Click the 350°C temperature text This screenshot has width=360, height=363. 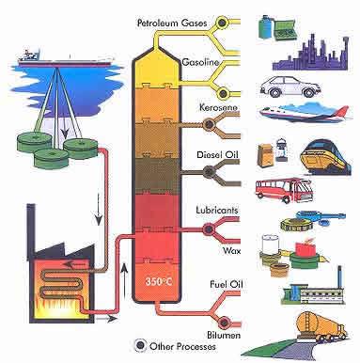[155, 281]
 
